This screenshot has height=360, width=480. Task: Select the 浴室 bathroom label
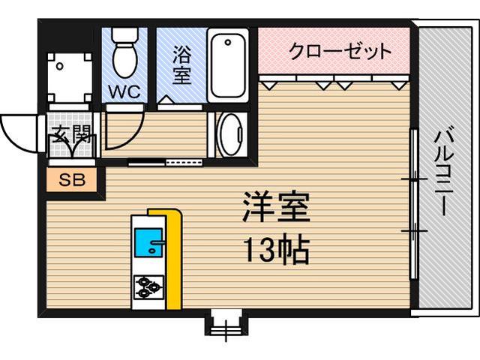click(181, 65)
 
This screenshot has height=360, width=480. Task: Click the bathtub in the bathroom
click(229, 64)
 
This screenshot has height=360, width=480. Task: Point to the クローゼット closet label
click(340, 52)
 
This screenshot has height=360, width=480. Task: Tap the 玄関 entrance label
click(72, 136)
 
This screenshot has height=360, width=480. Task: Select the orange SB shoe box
click(72, 180)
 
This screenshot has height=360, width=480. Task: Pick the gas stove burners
click(149, 286)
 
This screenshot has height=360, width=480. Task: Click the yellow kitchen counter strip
click(174, 259)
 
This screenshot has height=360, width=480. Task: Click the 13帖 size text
click(275, 250)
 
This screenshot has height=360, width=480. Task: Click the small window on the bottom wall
click(224, 322)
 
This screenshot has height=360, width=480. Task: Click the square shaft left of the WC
click(68, 77)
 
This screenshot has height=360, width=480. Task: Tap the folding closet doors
click(334, 80)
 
